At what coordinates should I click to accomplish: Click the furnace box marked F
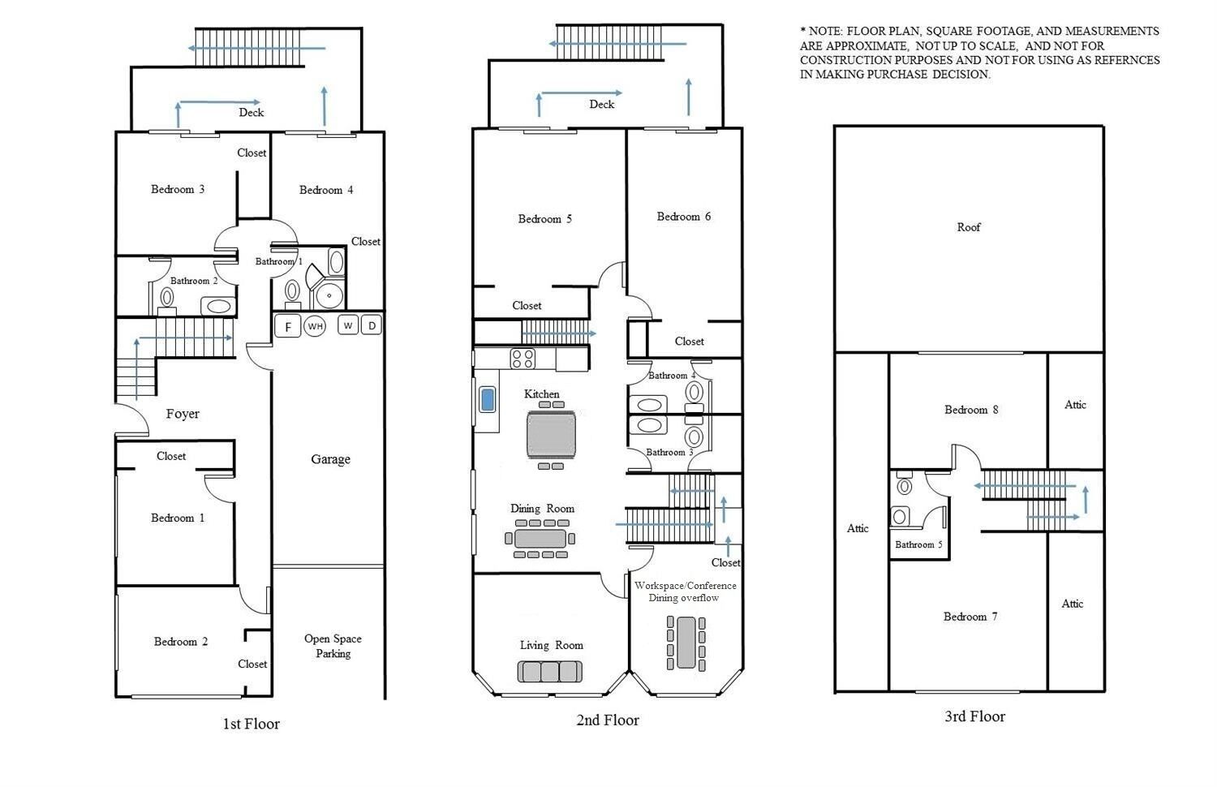point(288,326)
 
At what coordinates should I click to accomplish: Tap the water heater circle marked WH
point(315,326)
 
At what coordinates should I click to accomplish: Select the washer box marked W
point(348,325)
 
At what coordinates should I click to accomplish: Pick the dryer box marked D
point(372,325)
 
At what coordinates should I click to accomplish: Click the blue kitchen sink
point(488,400)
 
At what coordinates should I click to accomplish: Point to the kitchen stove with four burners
point(522,359)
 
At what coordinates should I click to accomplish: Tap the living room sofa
point(550,671)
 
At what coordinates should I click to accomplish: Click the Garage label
point(330,459)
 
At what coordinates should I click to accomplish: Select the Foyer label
point(183,414)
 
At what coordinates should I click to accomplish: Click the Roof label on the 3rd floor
point(969,227)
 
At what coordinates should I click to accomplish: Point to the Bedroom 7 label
point(970,617)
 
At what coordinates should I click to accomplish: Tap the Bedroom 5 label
point(545,219)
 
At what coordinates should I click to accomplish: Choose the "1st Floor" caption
point(251,724)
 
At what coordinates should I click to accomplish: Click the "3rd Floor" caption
point(974,716)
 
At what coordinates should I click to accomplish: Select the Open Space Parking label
point(333,646)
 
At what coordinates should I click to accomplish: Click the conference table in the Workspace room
point(686,643)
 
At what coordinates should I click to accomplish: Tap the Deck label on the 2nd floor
point(601,105)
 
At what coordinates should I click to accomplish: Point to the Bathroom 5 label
point(918,544)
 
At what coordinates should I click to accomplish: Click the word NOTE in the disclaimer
point(825,32)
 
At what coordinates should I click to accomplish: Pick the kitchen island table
point(551,435)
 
